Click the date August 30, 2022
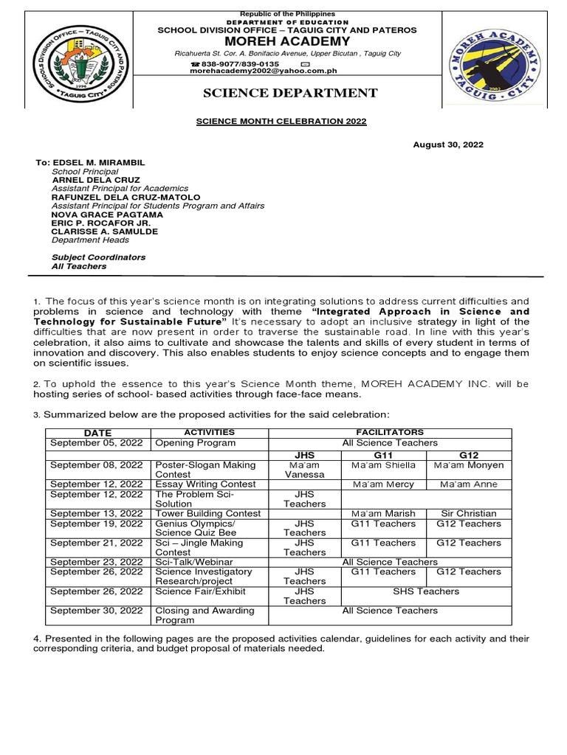448,145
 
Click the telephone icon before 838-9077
195,64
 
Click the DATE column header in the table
97,432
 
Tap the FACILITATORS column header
390,432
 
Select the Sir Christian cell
469,513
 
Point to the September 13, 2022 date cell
96,513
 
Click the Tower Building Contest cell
208,513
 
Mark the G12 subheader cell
469,454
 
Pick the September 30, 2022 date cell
96,610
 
